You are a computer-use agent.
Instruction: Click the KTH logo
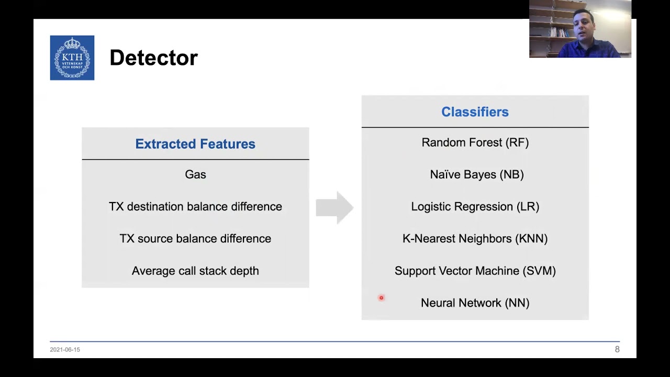point(72,58)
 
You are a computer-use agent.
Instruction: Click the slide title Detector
point(153,58)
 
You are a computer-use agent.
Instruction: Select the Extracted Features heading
point(195,144)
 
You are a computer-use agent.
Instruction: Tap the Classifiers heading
point(475,112)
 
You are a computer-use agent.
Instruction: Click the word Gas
point(195,174)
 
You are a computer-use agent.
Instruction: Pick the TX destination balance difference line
point(195,206)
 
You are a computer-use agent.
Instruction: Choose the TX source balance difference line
point(195,239)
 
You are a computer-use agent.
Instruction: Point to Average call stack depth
point(195,271)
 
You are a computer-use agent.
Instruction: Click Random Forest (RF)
point(475,142)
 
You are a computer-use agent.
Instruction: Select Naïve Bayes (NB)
point(476,174)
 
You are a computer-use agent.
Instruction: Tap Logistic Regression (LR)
point(475,206)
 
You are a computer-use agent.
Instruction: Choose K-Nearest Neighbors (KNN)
point(475,239)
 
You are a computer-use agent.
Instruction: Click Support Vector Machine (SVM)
point(475,271)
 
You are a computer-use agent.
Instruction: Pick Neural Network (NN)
point(475,303)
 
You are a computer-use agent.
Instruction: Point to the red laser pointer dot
point(381,298)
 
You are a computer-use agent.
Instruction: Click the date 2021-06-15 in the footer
point(65,349)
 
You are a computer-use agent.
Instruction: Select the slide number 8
point(617,349)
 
